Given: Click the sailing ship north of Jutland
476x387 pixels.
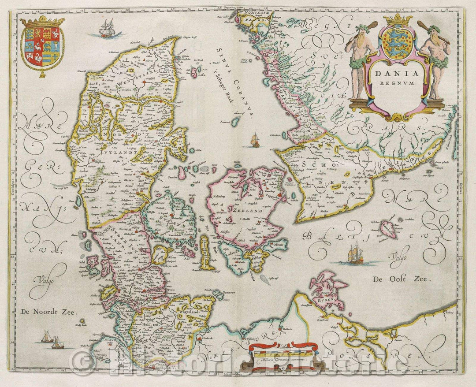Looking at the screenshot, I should tap(106, 29).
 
